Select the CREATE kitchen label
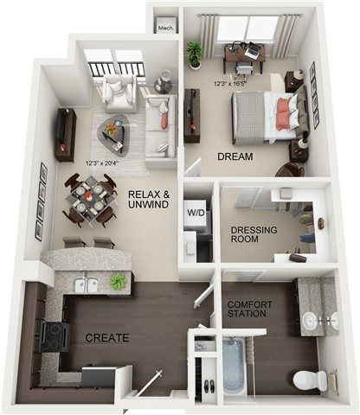107,337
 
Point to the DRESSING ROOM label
252,235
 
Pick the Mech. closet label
164,28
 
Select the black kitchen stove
53,335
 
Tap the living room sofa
159,125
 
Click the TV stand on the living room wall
65,133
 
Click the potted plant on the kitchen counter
118,281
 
